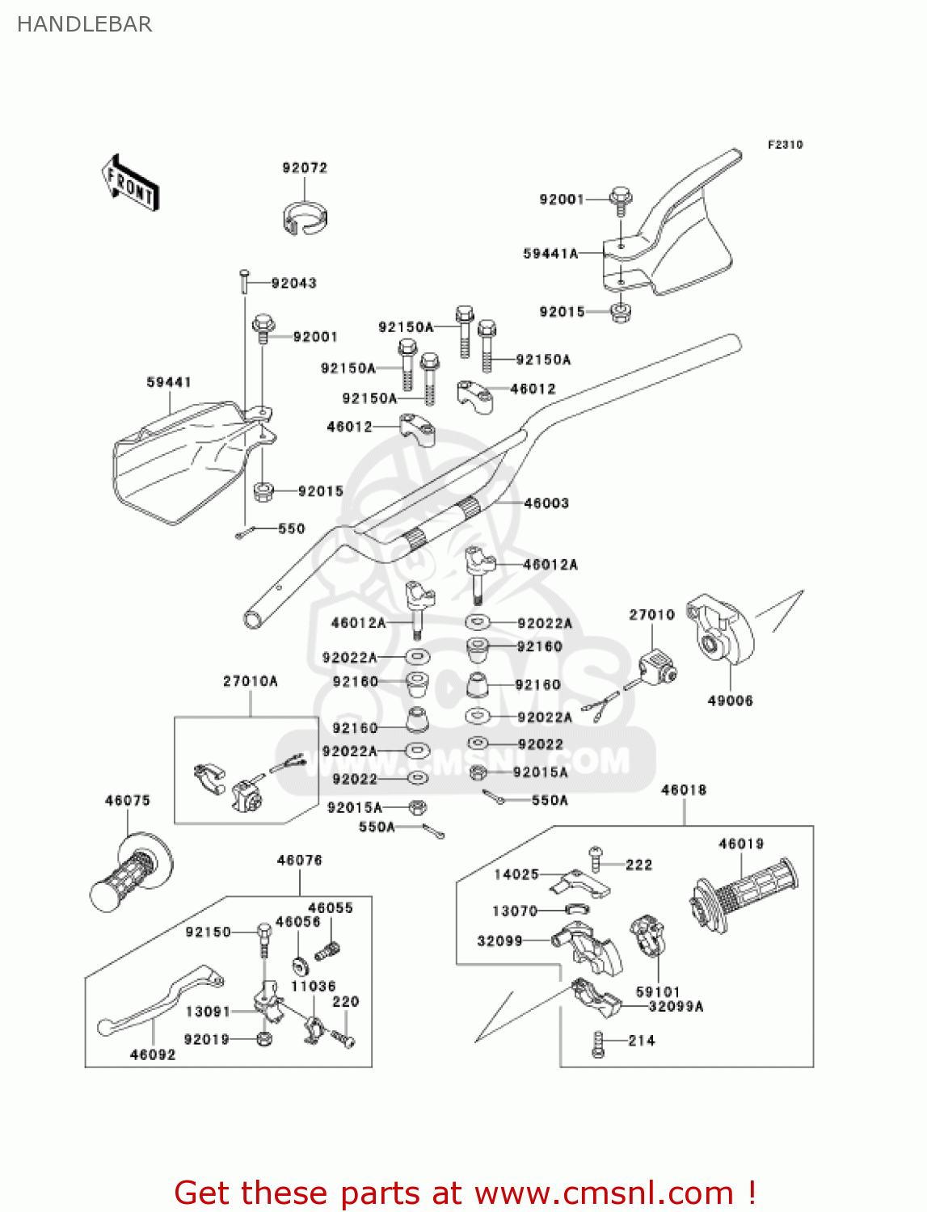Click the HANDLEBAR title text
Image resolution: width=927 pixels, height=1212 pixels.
(x=84, y=24)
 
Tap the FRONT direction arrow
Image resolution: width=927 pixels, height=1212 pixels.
(x=130, y=183)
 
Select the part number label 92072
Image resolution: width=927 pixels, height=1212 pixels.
(x=305, y=168)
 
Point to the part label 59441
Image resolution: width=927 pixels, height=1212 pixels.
(x=169, y=382)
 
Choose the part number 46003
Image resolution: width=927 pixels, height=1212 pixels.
(x=546, y=503)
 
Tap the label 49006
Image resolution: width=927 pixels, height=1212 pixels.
(x=730, y=701)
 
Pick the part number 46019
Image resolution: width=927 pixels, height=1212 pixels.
(x=741, y=844)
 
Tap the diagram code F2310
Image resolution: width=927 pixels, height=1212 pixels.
(x=785, y=145)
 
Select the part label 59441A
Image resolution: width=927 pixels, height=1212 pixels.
(x=550, y=254)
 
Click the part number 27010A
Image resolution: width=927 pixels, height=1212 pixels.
(x=251, y=681)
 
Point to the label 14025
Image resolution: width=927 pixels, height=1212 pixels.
(x=516, y=874)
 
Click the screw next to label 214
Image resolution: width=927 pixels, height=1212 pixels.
(x=598, y=1043)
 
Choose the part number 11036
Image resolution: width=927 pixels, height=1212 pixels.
(x=313, y=987)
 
